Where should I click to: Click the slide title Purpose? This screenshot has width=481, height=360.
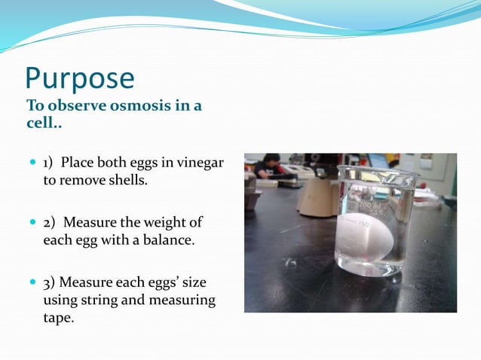80,78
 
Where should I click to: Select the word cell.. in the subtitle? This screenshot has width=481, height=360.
44,122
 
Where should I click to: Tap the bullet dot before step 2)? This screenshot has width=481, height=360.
31,224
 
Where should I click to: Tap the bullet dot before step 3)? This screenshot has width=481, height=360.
31,283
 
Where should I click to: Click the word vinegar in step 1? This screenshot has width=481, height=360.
199,163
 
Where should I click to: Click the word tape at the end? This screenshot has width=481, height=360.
57,319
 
